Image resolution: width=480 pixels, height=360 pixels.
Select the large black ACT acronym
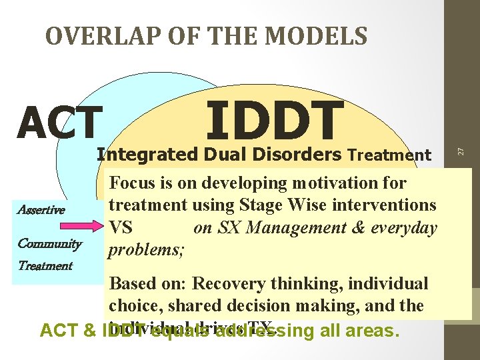(x=60, y=123)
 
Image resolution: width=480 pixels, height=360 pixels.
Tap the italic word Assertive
(x=41, y=210)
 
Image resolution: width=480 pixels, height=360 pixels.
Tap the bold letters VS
(x=121, y=228)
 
